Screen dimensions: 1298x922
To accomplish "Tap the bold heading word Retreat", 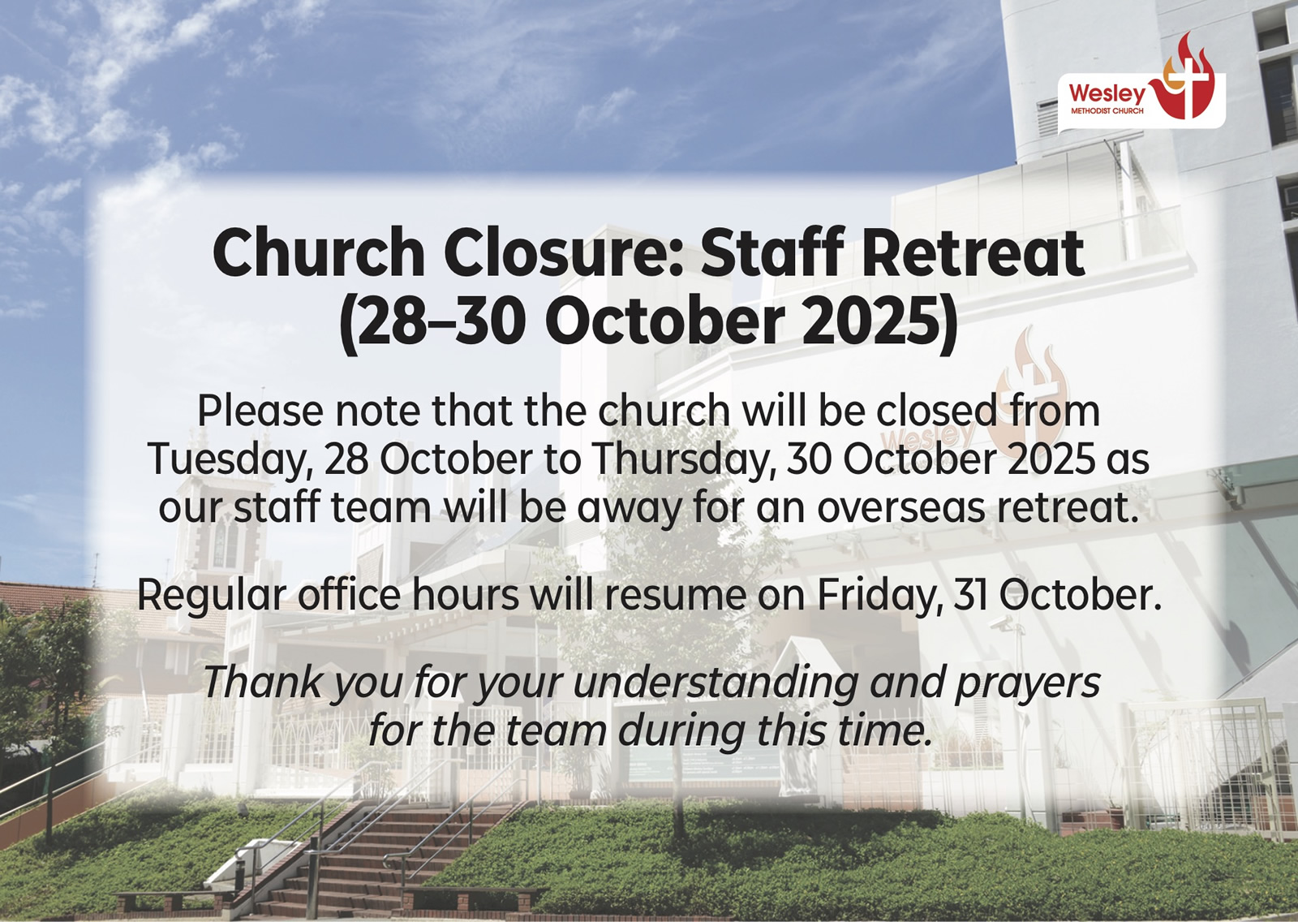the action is pyautogui.click(x=973, y=255).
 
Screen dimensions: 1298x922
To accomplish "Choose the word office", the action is pyautogui.click(x=349, y=595).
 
